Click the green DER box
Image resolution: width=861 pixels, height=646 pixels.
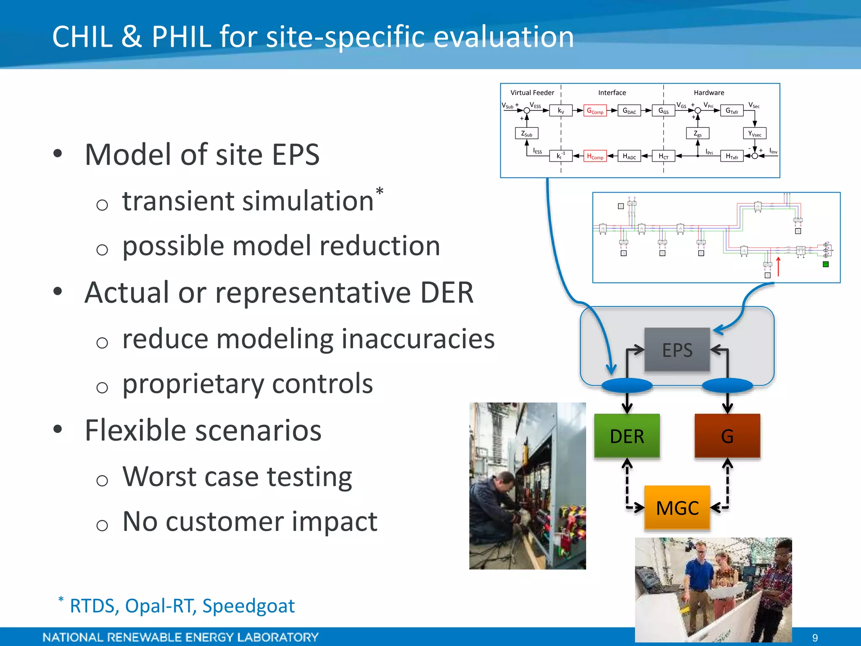[627, 436]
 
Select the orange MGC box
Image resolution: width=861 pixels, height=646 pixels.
[677, 508]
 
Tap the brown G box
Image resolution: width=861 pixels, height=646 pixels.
[727, 436]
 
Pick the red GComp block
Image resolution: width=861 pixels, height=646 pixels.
[595, 111]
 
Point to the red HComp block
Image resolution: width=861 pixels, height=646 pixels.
[595, 156]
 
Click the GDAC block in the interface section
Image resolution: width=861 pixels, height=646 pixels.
[629, 111]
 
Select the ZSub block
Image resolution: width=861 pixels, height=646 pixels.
[527, 134]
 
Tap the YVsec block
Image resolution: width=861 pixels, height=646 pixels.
[755, 134]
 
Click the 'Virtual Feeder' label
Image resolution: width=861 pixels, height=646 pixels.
[532, 93]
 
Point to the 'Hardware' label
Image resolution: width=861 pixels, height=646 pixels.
[709, 93]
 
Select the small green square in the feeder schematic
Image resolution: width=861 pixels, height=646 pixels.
[826, 265]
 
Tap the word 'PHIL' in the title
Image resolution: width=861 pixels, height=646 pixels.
[181, 37]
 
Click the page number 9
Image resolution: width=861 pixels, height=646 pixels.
[815, 638]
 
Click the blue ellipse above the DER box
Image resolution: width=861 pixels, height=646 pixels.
[627, 385]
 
